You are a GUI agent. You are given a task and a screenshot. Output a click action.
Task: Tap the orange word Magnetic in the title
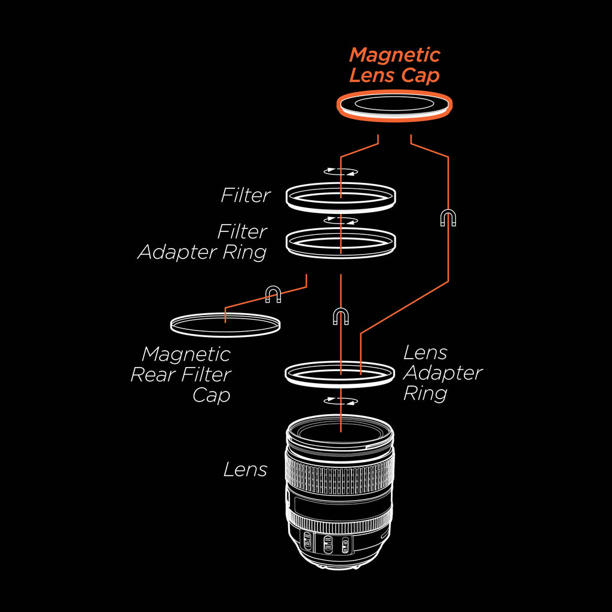point(394,56)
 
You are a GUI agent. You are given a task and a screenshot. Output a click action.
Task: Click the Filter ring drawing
point(341,196)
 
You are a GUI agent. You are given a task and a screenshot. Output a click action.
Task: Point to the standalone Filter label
point(245,195)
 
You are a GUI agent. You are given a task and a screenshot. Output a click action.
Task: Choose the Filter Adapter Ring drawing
point(341,243)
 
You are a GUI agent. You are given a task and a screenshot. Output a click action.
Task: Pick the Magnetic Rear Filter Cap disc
point(225,323)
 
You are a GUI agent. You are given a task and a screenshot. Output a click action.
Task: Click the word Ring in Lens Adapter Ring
point(425,394)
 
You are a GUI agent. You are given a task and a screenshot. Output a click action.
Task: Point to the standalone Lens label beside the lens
point(245,470)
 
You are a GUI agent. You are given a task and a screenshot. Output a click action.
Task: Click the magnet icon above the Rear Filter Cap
point(273,293)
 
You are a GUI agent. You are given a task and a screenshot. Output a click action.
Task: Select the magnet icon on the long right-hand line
point(448,219)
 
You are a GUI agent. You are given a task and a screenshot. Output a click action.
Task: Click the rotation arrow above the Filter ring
point(340,172)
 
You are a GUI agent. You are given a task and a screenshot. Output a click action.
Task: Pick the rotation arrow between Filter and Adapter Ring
point(340,221)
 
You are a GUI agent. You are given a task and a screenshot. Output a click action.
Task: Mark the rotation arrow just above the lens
point(340,400)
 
